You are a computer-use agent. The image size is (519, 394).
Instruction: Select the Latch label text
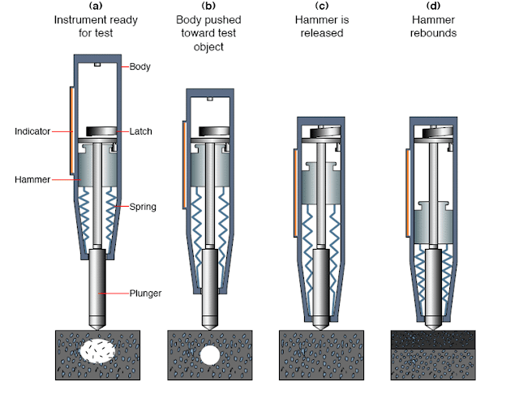pyautogui.click(x=141, y=131)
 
